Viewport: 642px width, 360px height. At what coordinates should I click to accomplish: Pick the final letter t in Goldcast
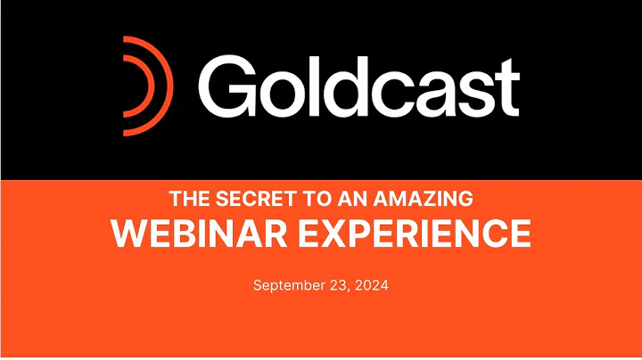click(x=508, y=89)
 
